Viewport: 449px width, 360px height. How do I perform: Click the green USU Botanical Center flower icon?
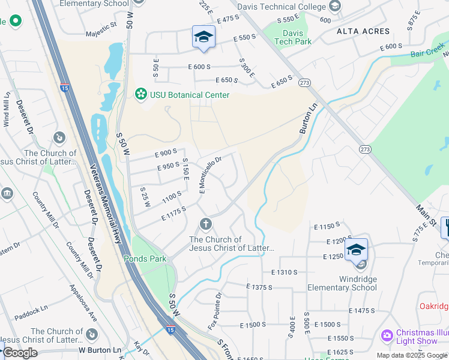[141, 94]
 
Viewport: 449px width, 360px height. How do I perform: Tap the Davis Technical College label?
[282, 7]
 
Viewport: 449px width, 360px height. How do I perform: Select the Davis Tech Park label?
[293, 37]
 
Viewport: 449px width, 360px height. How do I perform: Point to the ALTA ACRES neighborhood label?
[363, 31]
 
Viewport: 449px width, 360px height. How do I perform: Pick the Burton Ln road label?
[308, 120]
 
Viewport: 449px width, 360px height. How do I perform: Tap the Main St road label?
[425, 214]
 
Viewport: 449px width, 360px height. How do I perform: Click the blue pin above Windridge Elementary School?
[357, 249]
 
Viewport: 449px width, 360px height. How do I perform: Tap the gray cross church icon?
[206, 224]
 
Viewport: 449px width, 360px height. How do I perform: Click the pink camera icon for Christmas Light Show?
[387, 334]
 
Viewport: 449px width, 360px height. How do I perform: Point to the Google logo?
[20, 352]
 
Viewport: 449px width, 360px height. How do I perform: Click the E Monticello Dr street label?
[211, 175]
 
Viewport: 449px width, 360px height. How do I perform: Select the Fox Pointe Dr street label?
[214, 311]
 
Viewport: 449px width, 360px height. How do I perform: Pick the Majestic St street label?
[101, 26]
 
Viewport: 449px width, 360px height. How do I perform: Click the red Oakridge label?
[434, 306]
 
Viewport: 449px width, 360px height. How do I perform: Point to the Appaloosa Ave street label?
[82, 301]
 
